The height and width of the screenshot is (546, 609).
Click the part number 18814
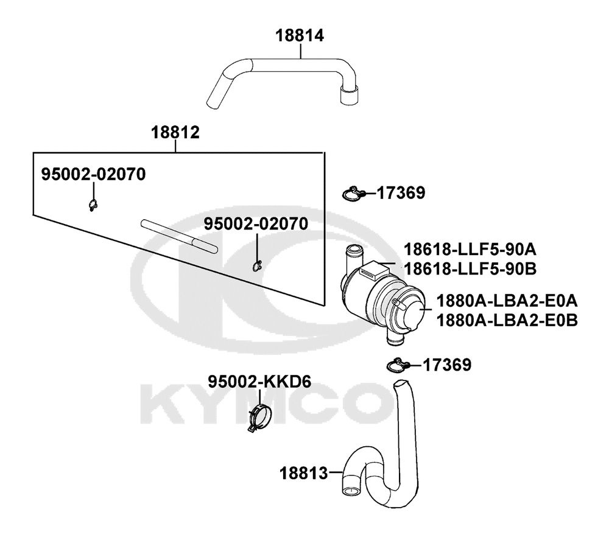(x=300, y=35)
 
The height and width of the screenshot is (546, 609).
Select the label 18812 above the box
(x=175, y=133)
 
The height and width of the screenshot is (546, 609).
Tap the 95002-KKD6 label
(x=259, y=382)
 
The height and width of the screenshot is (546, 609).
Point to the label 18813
(x=304, y=474)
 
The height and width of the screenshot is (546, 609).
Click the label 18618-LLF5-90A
(x=470, y=250)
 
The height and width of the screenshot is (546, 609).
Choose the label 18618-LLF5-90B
(x=470, y=268)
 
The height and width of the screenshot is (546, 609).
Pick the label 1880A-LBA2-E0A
(x=507, y=301)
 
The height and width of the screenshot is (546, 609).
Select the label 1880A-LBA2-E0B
(x=507, y=320)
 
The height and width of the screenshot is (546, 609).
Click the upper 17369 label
(x=401, y=192)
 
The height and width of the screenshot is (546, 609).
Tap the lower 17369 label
(x=446, y=365)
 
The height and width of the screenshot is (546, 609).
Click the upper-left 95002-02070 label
(x=94, y=174)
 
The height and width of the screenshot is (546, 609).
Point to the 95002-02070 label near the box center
(x=256, y=223)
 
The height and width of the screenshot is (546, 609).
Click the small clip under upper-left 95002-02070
(x=93, y=205)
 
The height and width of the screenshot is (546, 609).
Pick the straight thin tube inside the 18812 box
(x=179, y=237)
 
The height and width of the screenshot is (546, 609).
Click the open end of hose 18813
(x=351, y=491)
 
